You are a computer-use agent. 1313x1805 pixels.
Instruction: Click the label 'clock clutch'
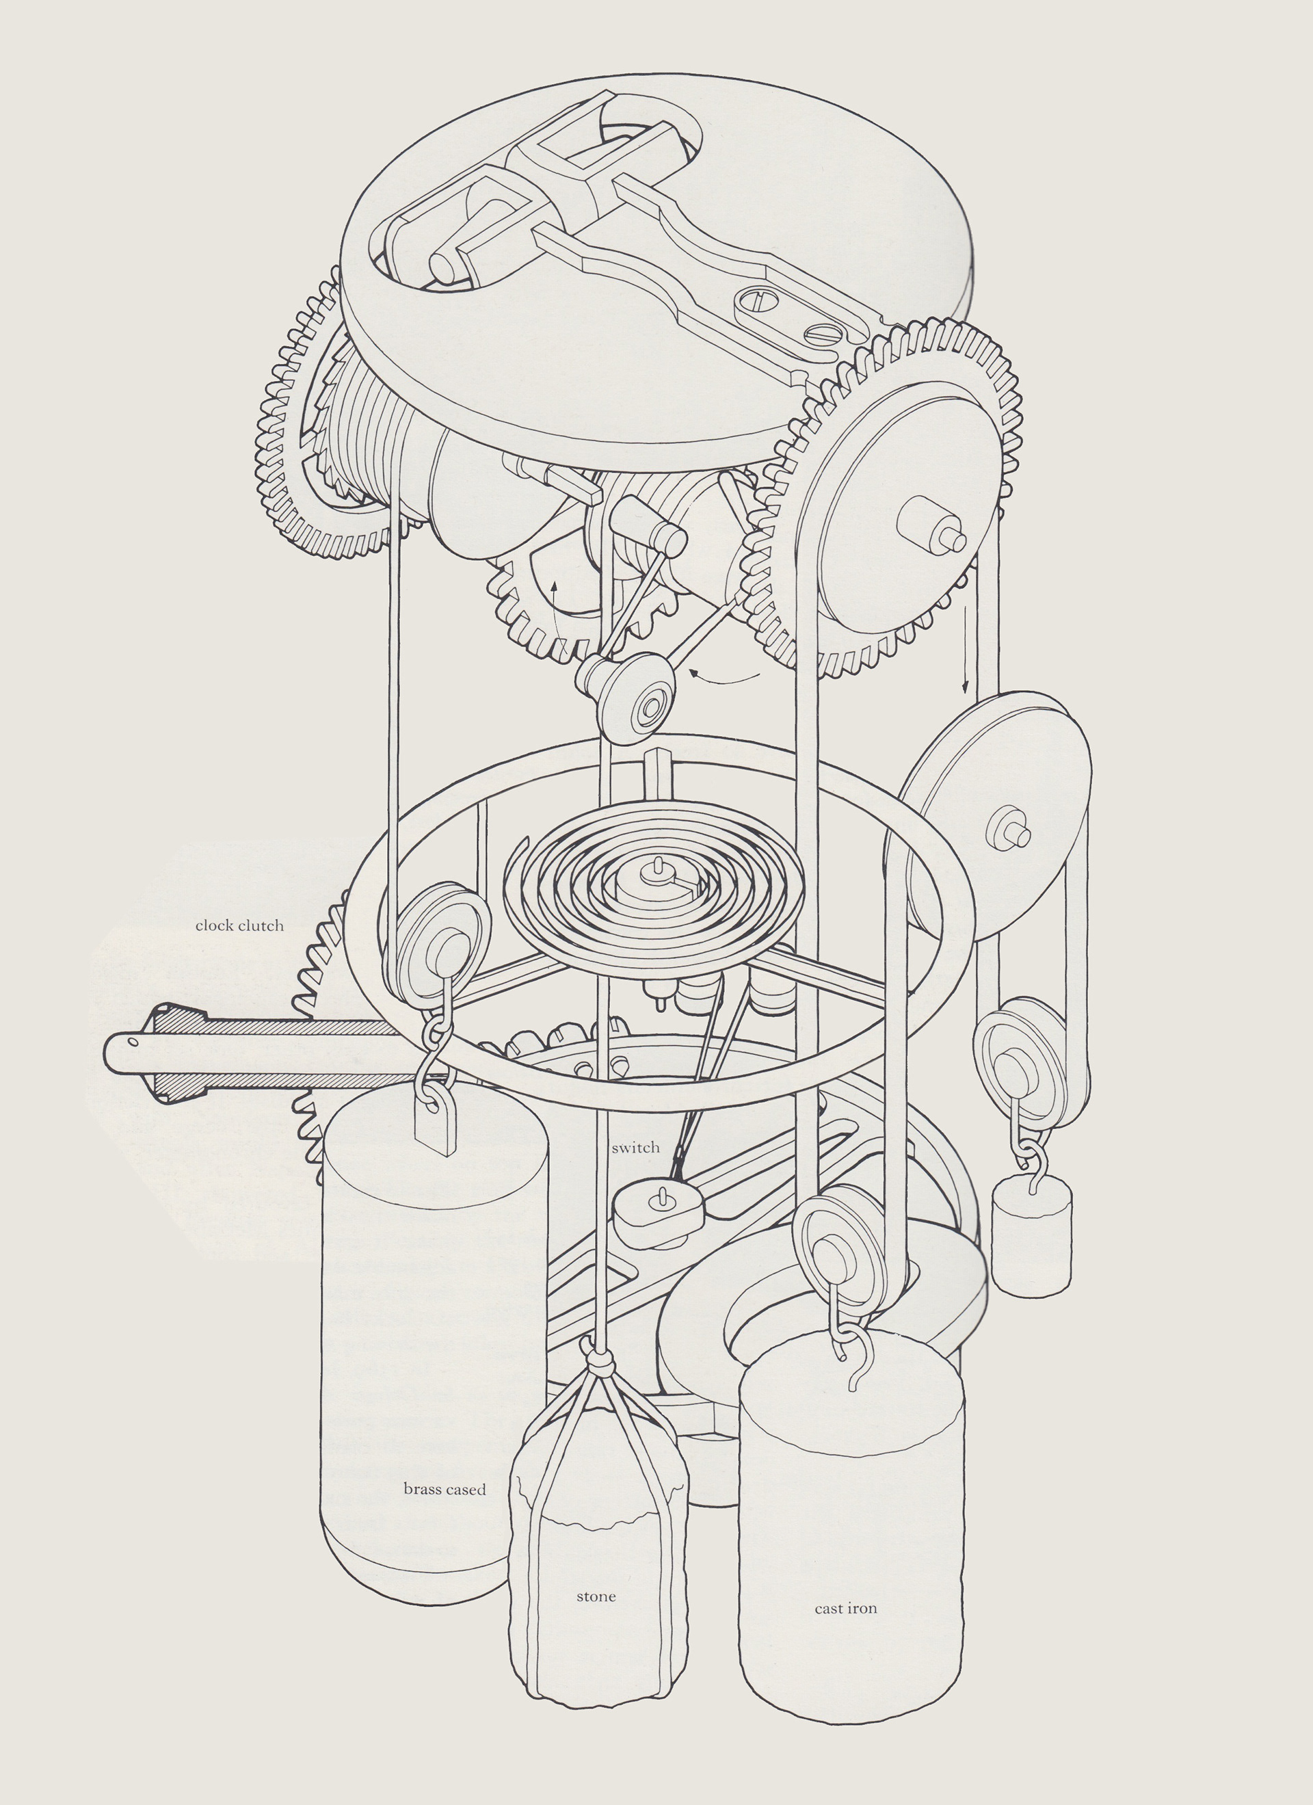[239, 925]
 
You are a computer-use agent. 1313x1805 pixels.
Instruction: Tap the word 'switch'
[636, 1148]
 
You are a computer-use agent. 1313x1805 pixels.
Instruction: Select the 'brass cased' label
[444, 1490]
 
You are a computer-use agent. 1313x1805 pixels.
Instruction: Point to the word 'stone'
[596, 1596]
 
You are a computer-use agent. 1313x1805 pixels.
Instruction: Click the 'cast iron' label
[846, 1609]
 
